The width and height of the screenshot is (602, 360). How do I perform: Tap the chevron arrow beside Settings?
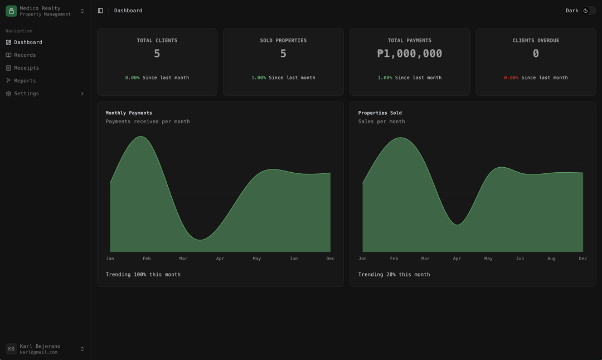point(82,94)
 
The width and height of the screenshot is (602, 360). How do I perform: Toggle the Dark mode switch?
point(589,11)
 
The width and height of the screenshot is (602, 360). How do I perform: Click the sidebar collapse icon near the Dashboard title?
point(100,11)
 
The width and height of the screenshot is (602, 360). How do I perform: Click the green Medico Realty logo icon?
point(11,11)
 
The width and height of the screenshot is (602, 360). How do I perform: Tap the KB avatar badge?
point(11,349)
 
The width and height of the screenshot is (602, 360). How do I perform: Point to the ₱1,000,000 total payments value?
point(409,53)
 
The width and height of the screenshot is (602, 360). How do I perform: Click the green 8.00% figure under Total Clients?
point(133,77)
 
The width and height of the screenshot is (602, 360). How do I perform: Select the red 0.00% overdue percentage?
point(511,77)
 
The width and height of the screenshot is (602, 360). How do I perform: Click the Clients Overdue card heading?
point(536,40)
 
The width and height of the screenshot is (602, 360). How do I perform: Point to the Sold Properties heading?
point(283,40)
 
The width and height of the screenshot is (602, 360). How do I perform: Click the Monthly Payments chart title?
point(129,113)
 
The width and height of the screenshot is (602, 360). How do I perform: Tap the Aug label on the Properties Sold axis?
point(551,259)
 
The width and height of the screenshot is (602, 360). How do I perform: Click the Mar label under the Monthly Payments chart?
point(183,259)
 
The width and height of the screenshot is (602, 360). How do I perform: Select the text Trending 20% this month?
point(394,274)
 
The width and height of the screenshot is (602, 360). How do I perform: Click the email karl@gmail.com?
point(38,352)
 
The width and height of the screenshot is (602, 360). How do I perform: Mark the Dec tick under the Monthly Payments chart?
point(330,259)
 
